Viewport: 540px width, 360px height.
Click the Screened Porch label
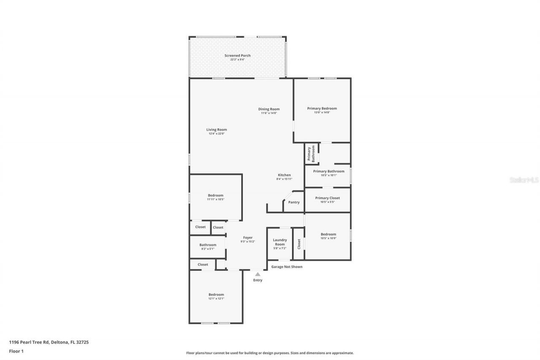pos(238,56)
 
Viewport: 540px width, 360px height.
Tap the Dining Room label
pos(269,109)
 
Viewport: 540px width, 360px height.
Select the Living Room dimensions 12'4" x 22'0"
pos(216,134)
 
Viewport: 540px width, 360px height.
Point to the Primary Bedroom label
pos(322,108)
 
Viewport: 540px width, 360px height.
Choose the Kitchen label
pos(284,175)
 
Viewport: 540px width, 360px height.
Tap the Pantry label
pos(294,202)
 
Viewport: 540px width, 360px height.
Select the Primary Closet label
pos(327,198)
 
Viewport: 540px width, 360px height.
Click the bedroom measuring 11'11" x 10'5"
pos(216,197)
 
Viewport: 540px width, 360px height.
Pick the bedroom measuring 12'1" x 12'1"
pos(216,296)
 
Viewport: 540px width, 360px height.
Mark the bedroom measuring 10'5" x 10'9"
pos(328,236)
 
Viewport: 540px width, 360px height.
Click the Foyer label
pos(248,238)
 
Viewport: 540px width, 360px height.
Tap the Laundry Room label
pos(280,242)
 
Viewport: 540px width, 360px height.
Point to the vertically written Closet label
pos(299,244)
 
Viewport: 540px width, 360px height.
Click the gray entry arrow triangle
pos(257,274)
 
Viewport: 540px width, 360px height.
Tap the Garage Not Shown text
pos(286,267)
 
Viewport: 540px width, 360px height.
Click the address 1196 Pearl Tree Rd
pos(49,342)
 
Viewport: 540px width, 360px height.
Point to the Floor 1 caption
pos(16,351)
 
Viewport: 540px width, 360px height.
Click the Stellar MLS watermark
pos(524,180)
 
